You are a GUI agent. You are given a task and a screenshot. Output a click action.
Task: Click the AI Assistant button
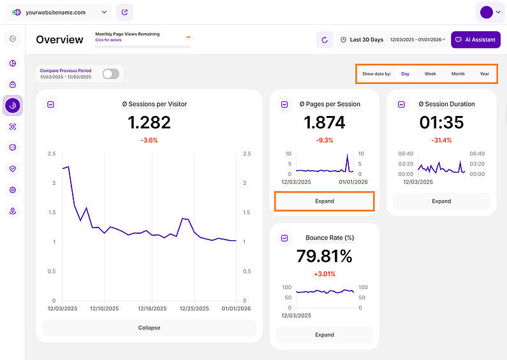click(x=475, y=40)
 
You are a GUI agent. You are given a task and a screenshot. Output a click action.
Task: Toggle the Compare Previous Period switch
click(x=111, y=74)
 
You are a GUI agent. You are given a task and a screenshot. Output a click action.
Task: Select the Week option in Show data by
click(x=430, y=74)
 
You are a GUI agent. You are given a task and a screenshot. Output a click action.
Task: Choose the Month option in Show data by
click(x=458, y=74)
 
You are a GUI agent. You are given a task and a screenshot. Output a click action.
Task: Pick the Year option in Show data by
click(x=485, y=74)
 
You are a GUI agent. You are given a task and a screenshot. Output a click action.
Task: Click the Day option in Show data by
click(x=405, y=74)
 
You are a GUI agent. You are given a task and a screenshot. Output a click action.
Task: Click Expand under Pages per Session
click(x=324, y=201)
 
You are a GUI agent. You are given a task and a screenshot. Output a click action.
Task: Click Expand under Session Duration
click(x=441, y=201)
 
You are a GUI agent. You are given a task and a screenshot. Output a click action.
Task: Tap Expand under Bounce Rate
click(x=324, y=335)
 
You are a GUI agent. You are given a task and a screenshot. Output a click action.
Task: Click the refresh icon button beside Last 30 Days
click(x=325, y=40)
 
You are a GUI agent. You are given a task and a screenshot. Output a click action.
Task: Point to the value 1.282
click(x=149, y=122)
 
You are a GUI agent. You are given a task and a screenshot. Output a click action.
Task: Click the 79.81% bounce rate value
click(x=324, y=256)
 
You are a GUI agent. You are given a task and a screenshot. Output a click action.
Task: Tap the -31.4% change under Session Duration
click(x=441, y=140)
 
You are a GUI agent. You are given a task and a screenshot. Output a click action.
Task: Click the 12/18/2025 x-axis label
click(x=152, y=308)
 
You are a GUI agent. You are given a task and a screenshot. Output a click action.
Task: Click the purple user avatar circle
click(x=486, y=12)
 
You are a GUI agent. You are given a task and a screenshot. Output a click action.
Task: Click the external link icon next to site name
click(x=125, y=12)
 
